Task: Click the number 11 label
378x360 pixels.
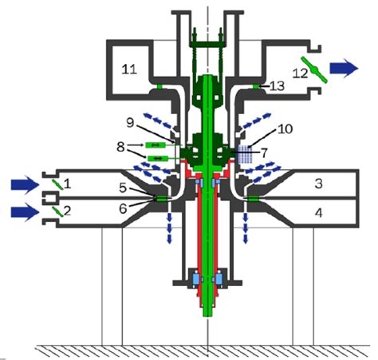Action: [x=129, y=69]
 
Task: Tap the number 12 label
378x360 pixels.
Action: [x=300, y=73]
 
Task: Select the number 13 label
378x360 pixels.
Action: [x=278, y=86]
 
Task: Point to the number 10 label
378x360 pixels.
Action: [x=285, y=129]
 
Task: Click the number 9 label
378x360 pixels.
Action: [x=130, y=123]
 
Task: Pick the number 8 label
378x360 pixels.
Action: [x=120, y=147]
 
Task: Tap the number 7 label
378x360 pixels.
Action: [x=264, y=153]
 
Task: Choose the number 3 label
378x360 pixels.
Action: [x=318, y=184]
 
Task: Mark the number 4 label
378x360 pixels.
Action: [x=318, y=213]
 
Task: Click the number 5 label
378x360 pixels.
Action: [x=123, y=188]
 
